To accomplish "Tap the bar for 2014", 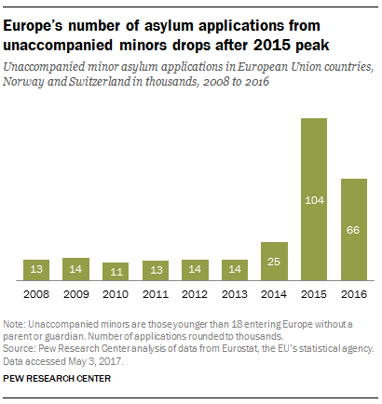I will click(x=275, y=262).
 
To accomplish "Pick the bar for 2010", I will click(x=116, y=271).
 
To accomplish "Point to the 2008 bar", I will click(x=36, y=270).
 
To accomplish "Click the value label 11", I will click(x=116, y=271).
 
